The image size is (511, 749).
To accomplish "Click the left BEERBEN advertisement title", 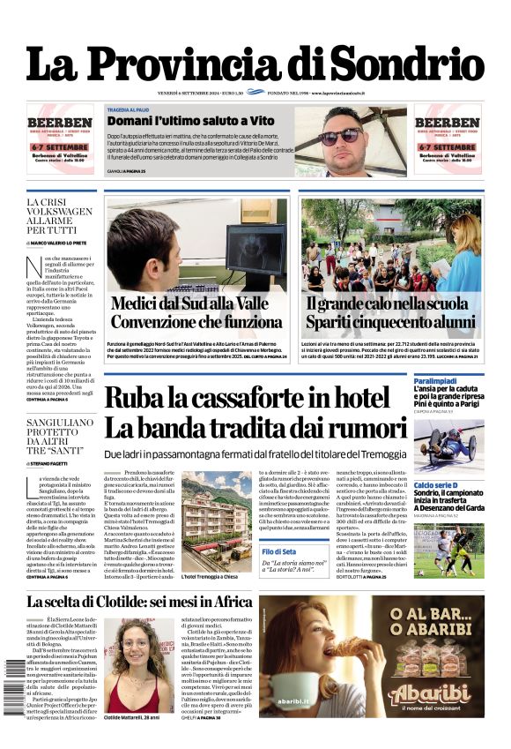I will point(59,123).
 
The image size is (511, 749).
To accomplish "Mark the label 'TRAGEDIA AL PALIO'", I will point(130,110).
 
